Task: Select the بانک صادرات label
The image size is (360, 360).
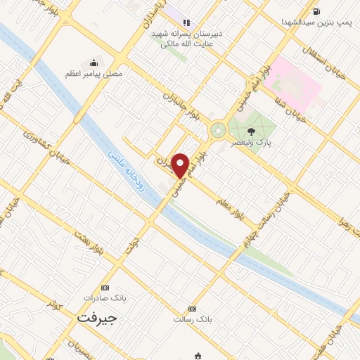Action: tap(105, 297)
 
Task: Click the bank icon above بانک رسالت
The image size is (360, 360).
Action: tap(192, 309)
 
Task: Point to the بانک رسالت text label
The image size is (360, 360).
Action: tap(192, 319)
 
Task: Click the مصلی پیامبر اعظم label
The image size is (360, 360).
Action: tap(94, 73)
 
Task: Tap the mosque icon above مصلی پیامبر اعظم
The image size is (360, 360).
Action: tap(94, 63)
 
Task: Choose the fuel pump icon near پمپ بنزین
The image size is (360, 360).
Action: tap(317, 11)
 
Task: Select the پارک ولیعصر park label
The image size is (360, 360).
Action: tap(252, 141)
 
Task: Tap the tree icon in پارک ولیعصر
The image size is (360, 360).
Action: tap(252, 131)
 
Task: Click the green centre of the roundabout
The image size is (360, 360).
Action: tap(218, 129)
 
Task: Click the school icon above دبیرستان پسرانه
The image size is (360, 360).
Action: tap(186, 22)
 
